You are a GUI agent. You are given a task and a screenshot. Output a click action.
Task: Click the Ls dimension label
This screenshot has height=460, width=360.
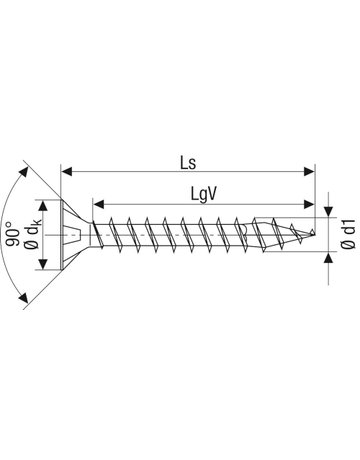(188, 163)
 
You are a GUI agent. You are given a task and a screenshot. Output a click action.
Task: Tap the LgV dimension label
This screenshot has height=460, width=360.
(204, 195)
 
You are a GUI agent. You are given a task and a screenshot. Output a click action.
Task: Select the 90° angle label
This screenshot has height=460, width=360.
(13, 235)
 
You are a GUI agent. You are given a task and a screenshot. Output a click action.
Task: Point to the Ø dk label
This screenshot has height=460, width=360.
(34, 235)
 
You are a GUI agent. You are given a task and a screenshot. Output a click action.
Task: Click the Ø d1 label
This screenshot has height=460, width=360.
(349, 235)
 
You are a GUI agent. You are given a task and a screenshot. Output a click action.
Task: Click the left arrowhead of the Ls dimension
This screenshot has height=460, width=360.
(67, 172)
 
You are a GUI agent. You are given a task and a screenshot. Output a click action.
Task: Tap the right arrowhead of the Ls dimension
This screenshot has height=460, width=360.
(310, 172)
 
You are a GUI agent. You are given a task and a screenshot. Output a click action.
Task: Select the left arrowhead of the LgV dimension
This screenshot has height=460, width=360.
(98, 204)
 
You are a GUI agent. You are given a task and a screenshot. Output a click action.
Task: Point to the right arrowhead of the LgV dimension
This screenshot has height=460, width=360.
(309, 204)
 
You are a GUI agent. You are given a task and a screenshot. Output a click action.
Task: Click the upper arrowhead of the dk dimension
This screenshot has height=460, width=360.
(43, 206)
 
